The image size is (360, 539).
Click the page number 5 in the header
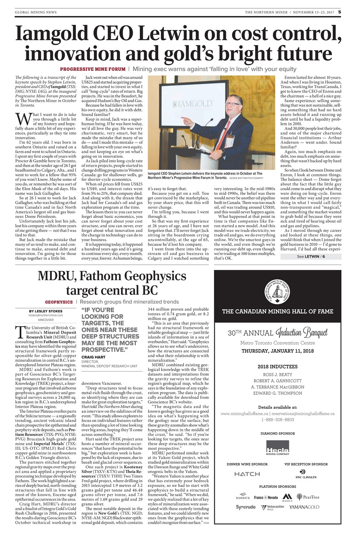[339, 12]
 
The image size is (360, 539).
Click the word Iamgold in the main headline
[51, 33]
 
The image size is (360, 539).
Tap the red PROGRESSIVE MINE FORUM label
[93, 69]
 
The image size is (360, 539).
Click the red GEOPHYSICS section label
[59, 302]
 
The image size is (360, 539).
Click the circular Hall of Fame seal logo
[277, 289]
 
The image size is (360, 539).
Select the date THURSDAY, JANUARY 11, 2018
[277, 351]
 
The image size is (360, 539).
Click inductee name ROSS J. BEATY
[277, 374]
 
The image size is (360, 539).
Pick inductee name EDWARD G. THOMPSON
[277, 393]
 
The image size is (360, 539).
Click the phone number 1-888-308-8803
[277, 420]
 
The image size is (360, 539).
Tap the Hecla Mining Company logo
[277, 449]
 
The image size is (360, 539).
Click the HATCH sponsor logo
[247, 474]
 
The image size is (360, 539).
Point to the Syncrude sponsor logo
[245, 507]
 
